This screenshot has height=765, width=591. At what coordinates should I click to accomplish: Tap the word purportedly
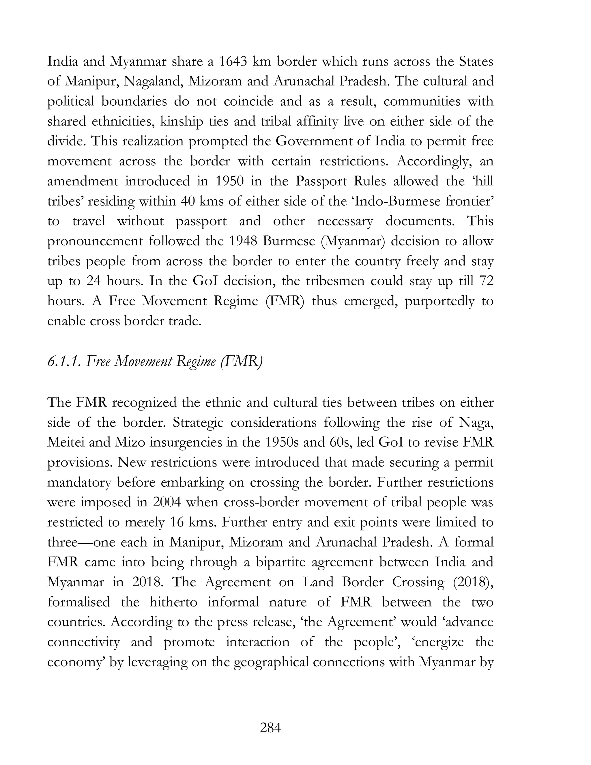[x=439, y=301]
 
